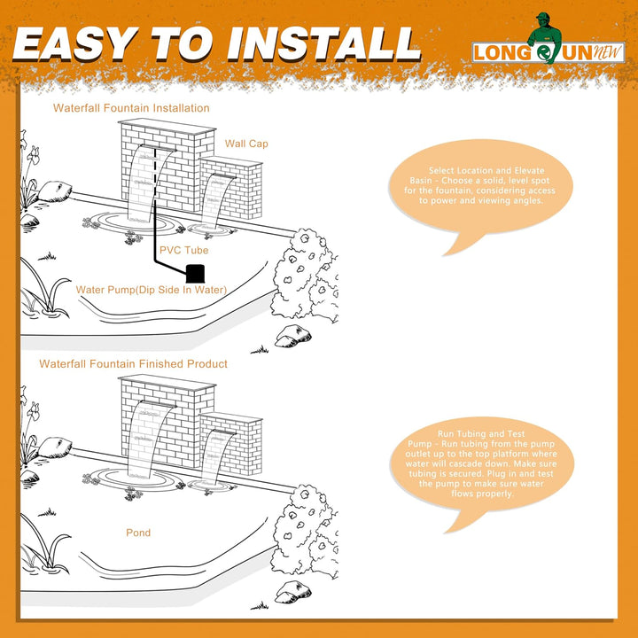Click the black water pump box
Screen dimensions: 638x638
pos(195,274)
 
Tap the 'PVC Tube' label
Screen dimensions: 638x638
pos(184,250)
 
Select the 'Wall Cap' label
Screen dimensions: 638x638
pos(246,144)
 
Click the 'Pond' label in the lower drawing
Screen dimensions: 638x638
pos(138,533)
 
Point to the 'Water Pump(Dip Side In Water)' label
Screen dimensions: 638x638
pos(152,290)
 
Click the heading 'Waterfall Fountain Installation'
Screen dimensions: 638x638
pos(131,108)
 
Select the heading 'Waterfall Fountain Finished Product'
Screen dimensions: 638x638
pos(133,364)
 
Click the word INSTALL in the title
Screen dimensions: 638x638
pos(324,44)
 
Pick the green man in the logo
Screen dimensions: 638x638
pos(544,37)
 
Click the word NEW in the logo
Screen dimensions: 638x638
pos(608,52)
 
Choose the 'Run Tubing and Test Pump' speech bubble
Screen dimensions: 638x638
pos(482,468)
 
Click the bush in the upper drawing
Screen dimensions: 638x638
pos(306,276)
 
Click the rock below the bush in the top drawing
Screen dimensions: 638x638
pos(293,336)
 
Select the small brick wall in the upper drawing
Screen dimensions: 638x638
pos(231,188)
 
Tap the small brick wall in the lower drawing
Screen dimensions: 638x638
pos(232,444)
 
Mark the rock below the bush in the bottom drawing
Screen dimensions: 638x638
pos(293,592)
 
